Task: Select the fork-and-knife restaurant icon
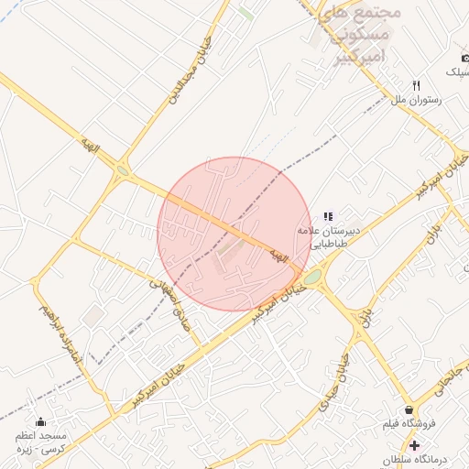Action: [417, 85]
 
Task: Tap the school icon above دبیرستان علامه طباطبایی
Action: [328, 216]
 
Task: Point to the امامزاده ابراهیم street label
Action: [62, 336]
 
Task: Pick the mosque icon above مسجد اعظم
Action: [40, 422]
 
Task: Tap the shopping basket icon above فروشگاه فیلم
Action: [409, 409]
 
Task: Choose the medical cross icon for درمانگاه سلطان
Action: [414, 444]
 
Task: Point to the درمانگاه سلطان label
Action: [423, 458]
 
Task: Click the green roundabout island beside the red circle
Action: [312, 277]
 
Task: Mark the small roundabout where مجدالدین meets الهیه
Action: [123, 169]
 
